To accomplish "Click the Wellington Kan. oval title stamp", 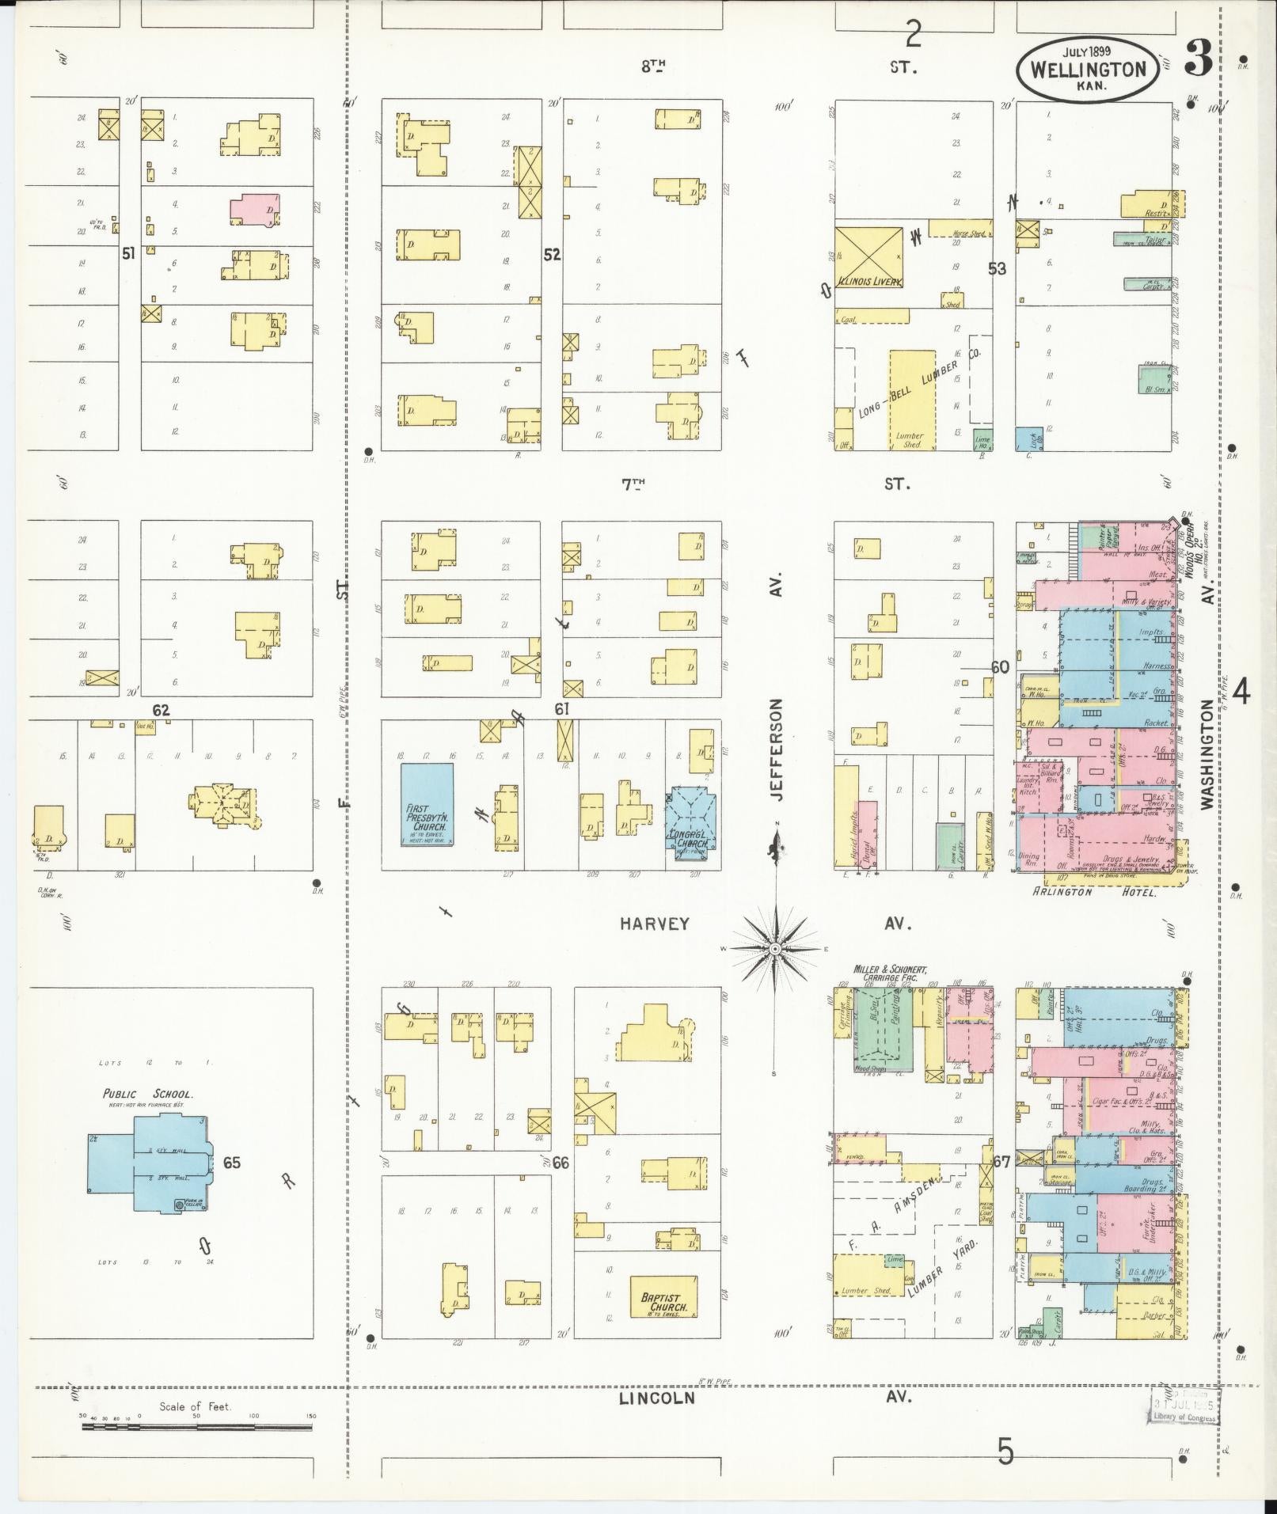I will point(1089,70).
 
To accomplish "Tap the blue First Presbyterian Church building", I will point(427,804).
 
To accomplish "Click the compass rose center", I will point(776,948).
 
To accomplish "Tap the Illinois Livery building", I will point(868,258).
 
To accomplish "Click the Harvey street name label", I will point(654,924).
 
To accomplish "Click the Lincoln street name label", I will point(656,1398).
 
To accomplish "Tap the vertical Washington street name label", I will point(1207,754).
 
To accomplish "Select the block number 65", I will point(231,1163).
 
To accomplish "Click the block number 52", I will point(551,255).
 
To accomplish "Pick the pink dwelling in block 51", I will point(257,211).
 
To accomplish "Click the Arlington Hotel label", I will point(1095,892).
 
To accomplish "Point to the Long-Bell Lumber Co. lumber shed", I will point(911,400).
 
